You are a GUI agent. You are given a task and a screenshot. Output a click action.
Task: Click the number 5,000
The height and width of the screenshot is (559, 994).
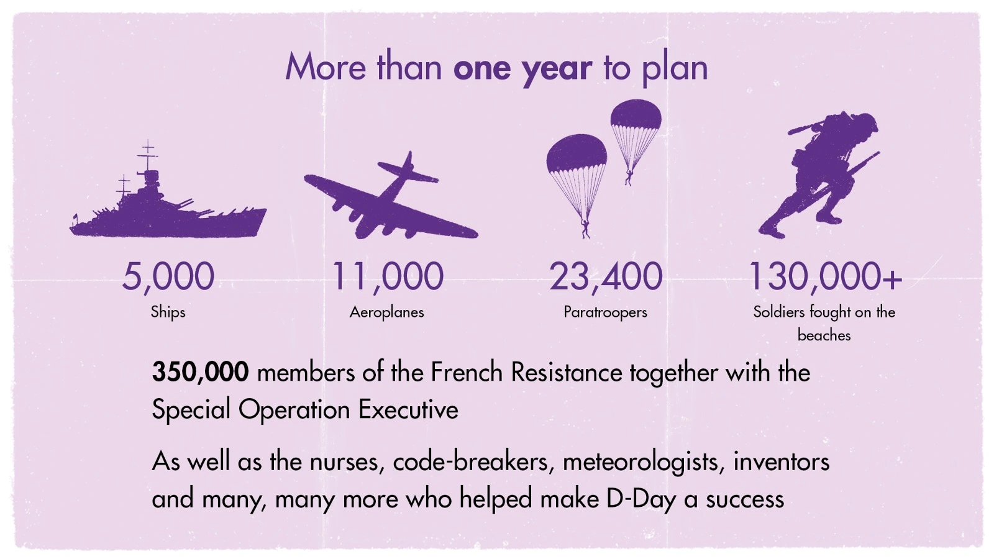tap(168, 277)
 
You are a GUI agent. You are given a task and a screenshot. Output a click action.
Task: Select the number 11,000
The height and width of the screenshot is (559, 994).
tap(388, 277)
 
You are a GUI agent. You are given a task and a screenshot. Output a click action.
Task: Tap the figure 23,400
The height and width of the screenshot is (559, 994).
tap(606, 277)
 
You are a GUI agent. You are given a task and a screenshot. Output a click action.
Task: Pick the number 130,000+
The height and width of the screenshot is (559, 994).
tap(826, 277)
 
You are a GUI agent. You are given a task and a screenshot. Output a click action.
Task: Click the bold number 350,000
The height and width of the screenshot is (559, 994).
tap(200, 372)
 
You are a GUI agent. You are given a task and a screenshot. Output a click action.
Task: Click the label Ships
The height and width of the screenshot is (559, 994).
tap(168, 312)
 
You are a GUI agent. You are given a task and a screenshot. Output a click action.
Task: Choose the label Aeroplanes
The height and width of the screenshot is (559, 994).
tap(387, 312)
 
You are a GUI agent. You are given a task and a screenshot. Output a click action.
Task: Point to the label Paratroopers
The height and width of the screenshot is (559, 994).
tap(605, 312)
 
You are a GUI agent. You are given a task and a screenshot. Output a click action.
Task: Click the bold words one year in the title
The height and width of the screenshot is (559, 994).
tap(522, 68)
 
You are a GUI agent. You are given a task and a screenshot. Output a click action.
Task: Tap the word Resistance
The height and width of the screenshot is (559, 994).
tap(567, 372)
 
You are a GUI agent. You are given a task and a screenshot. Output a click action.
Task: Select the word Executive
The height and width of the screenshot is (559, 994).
tap(408, 409)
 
